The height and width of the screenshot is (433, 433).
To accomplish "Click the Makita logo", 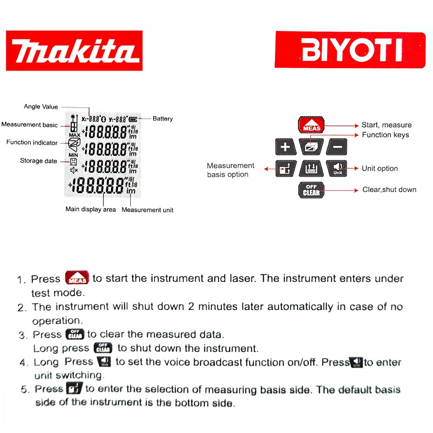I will [74, 51].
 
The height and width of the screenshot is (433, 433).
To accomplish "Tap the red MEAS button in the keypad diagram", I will [312, 125].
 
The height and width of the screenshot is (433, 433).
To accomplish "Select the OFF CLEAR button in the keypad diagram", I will [311, 190].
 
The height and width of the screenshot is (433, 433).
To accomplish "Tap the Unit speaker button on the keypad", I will [338, 168].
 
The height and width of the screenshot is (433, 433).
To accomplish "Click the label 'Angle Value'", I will [41, 107].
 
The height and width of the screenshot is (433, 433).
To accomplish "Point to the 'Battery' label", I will [162, 119].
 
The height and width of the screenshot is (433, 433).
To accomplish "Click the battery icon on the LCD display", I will [133, 119].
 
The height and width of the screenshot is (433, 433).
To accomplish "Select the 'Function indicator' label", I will [32, 142].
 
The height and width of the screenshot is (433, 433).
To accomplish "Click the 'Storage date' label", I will [38, 161].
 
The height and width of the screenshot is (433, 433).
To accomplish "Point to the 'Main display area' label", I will [91, 209].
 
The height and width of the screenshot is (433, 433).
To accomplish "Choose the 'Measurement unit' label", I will [147, 210].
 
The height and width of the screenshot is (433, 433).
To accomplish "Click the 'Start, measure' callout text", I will [386, 125].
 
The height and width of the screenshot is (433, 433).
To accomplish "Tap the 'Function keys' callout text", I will [385, 135].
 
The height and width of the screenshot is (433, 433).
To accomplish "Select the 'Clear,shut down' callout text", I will [389, 190].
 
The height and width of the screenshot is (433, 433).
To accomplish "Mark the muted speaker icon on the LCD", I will [74, 170].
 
